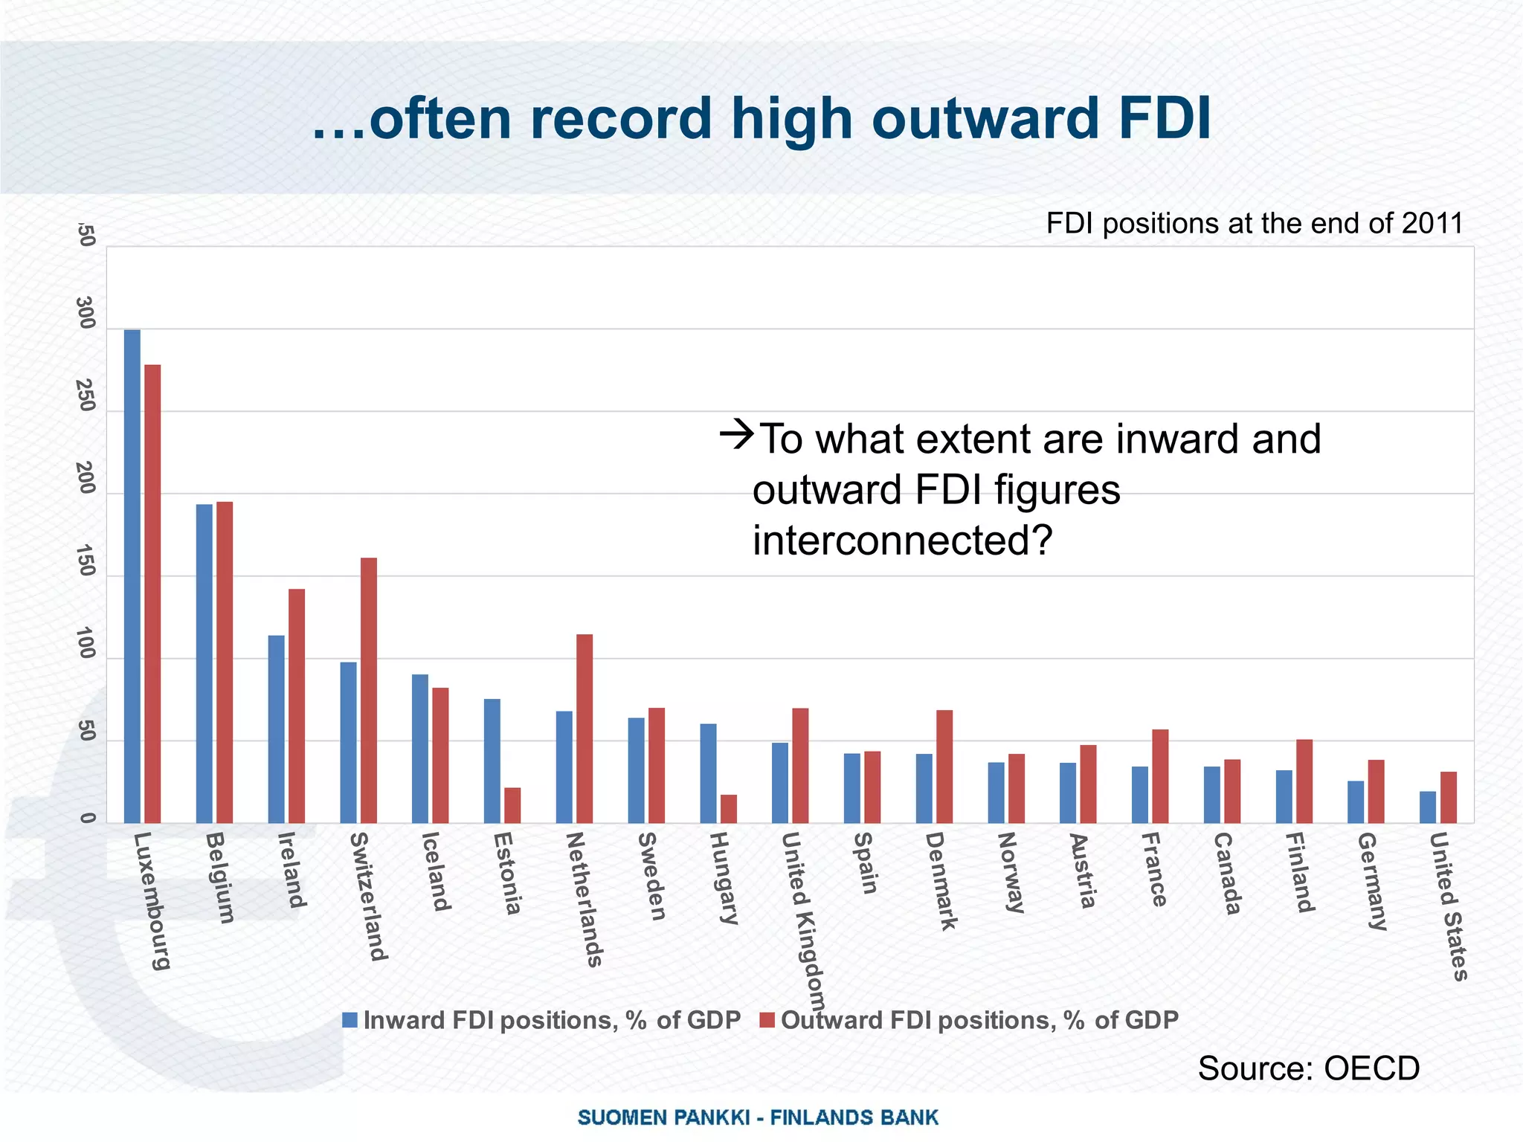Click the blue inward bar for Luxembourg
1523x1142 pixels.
tap(132, 576)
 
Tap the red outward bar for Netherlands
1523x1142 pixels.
tap(585, 729)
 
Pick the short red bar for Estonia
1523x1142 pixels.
tap(512, 805)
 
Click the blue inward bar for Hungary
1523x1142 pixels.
tap(708, 773)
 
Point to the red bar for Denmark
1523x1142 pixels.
tap(944, 767)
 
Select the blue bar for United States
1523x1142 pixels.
tap(1427, 807)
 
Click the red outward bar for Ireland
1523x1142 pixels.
tap(297, 706)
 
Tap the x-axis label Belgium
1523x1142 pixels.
tap(219, 877)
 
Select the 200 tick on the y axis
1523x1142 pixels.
tap(87, 479)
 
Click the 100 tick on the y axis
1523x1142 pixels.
tap(87, 644)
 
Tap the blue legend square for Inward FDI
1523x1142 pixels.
tap(350, 1020)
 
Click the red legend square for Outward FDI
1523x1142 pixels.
tap(767, 1020)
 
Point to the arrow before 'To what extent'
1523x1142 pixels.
tap(737, 433)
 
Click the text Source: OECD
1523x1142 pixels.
tap(1308, 1068)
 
